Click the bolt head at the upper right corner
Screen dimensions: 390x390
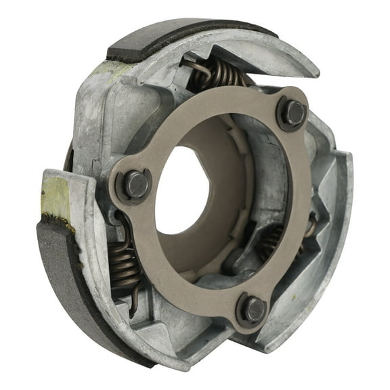coord(292,113)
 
